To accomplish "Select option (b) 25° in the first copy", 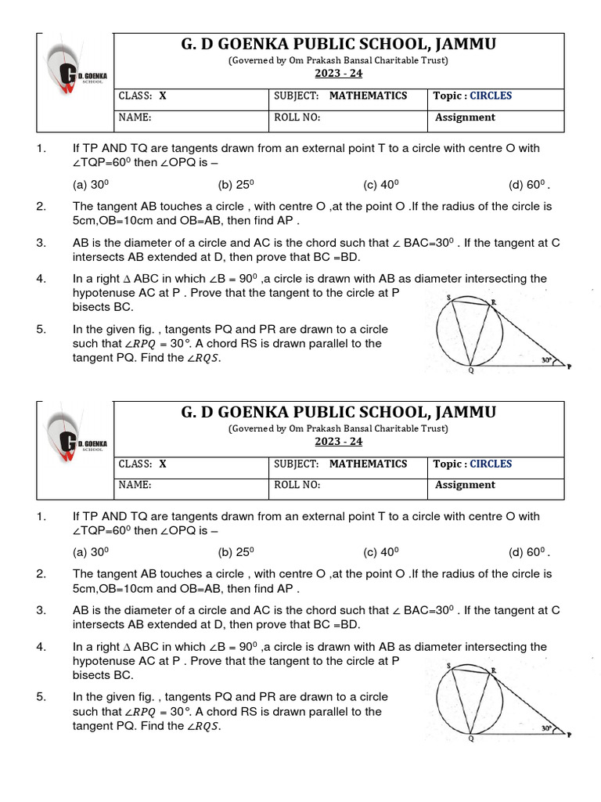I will (x=236, y=186).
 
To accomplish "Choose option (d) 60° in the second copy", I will (x=529, y=553).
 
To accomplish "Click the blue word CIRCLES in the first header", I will (x=491, y=96).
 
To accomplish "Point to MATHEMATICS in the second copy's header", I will (x=368, y=464).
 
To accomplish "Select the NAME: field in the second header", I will (x=134, y=485).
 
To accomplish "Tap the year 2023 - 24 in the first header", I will (x=339, y=74).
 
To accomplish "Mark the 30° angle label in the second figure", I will (x=545, y=728).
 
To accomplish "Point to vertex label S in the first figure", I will (x=449, y=298).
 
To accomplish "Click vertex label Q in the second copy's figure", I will (x=470, y=739).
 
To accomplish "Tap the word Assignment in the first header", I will (x=465, y=117).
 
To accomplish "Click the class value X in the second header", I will (x=163, y=464).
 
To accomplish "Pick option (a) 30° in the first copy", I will (x=91, y=186).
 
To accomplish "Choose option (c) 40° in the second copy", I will (x=381, y=553).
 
